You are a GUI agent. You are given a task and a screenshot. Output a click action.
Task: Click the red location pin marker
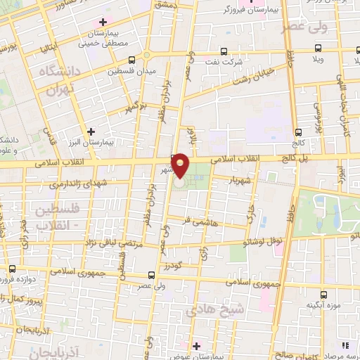[x=181, y=166]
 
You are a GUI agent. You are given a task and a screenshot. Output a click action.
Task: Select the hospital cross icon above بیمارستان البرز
[x=91, y=131]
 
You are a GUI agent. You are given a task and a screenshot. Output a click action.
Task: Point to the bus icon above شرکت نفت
[x=224, y=51]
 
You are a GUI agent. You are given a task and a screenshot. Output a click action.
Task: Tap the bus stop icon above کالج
[x=299, y=131]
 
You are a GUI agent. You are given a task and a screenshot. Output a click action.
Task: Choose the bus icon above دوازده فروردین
[x=12, y=269]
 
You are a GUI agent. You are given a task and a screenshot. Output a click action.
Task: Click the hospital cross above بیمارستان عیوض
[x=195, y=346]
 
